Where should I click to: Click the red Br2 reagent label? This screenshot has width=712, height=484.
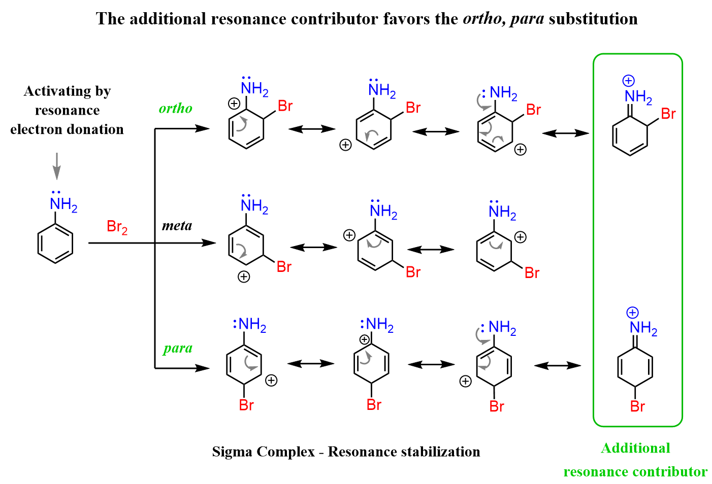pos(117,227)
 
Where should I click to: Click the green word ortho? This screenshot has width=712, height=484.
pos(175,108)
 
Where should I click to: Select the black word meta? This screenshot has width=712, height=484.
pos(177,226)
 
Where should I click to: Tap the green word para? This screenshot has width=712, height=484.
pos(178,348)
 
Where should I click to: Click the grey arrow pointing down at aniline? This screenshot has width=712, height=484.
pos(57,166)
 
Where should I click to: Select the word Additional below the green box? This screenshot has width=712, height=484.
pos(635,448)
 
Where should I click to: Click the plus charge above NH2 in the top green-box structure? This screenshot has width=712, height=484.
pos(629,81)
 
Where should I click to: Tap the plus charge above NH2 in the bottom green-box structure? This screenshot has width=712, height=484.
pos(632,313)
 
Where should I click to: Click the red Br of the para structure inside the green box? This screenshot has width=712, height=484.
pos(637,406)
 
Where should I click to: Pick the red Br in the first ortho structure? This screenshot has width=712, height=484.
pos(285,106)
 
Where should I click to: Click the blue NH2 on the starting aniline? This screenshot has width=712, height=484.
pos(63,205)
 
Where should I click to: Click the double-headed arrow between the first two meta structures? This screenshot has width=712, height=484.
pos(313,247)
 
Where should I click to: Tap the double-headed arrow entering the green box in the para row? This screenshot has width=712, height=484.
pos(558,365)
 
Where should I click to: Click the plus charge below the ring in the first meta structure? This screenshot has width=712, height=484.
pos(244,276)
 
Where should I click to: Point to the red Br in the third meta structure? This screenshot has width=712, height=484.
pos(532,273)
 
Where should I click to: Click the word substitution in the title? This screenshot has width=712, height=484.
pos(593,19)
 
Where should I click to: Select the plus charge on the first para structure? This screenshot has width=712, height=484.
pos(271,381)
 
